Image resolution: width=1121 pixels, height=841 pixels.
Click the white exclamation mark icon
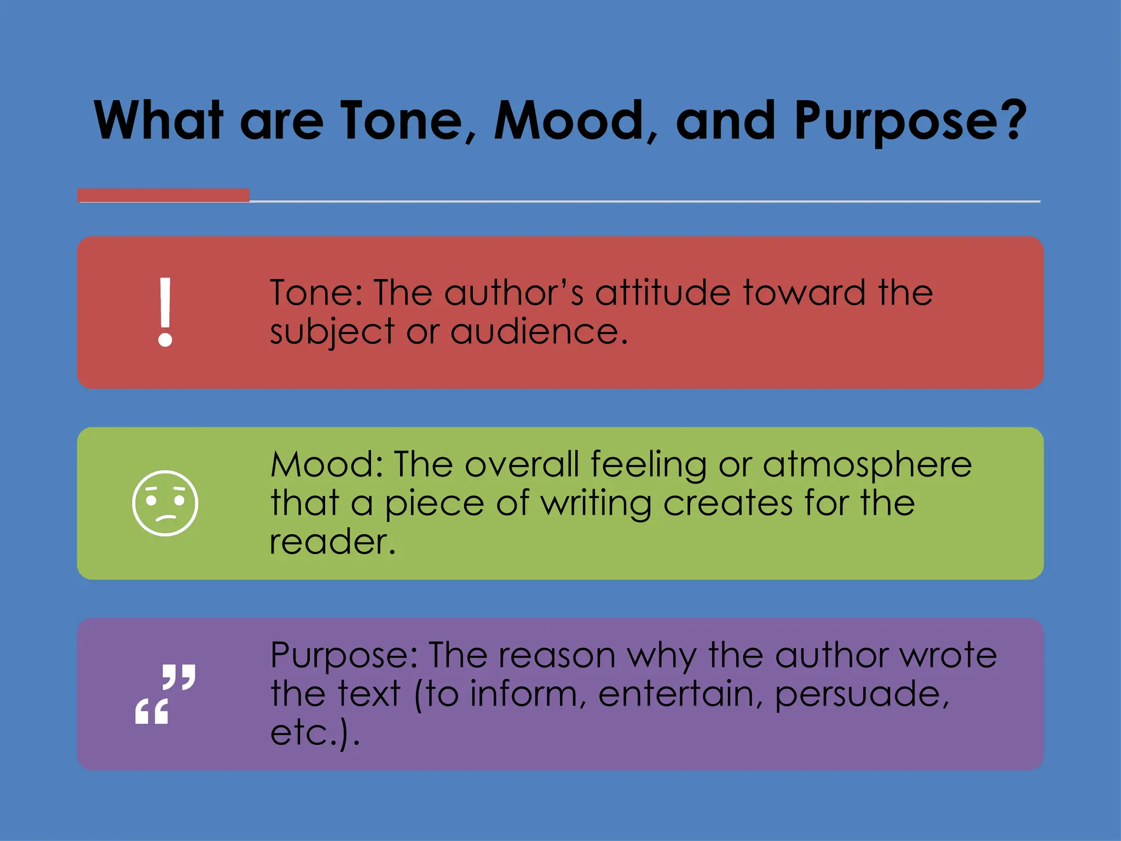click(x=165, y=312)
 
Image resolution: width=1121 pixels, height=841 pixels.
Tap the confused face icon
click(x=165, y=503)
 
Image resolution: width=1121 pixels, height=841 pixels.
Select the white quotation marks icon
click(x=165, y=694)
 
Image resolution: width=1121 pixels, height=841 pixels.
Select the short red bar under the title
click(x=164, y=195)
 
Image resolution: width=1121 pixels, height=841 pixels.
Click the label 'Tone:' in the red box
click(x=316, y=292)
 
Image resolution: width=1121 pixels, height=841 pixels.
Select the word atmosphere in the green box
click(x=867, y=465)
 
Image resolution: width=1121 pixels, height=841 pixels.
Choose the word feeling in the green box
click(x=649, y=465)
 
